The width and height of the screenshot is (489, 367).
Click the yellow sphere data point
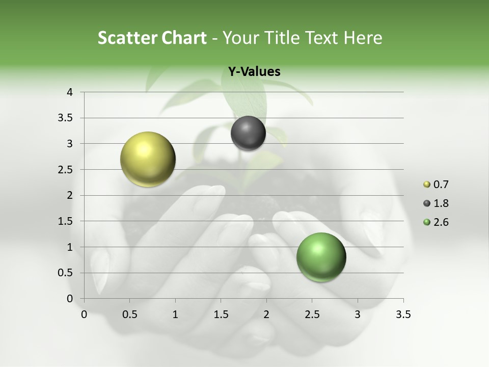tap(148, 159)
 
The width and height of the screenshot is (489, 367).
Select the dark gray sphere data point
tap(248, 133)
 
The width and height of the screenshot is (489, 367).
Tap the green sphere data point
tap(321, 257)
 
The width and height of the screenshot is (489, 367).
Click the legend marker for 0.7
tap(427, 185)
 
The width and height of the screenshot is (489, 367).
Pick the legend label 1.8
tap(441, 203)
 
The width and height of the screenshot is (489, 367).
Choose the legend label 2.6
tap(441, 222)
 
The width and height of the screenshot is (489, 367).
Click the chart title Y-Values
tap(254, 72)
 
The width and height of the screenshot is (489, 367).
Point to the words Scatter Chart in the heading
tap(152, 38)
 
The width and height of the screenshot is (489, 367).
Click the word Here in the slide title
tap(363, 38)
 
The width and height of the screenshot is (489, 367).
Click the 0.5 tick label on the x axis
tap(129, 314)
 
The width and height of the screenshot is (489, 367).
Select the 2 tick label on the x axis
tap(266, 314)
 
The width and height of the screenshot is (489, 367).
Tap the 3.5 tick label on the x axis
tap(403, 314)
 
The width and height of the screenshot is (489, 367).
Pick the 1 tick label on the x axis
tap(175, 314)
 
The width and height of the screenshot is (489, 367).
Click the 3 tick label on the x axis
tap(358, 314)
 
